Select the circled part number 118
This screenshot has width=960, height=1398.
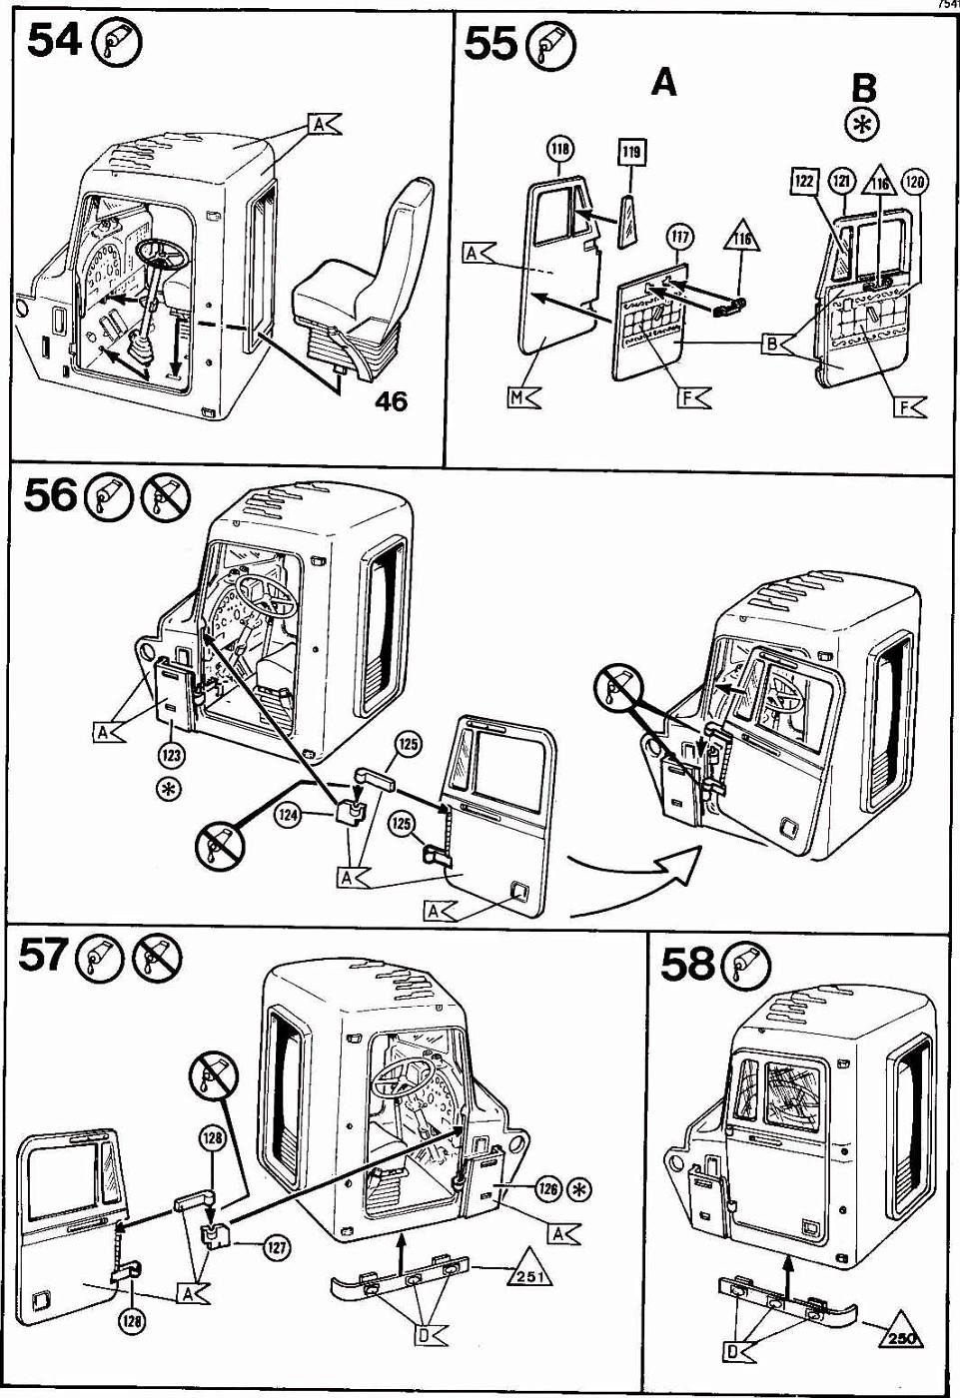tap(560, 150)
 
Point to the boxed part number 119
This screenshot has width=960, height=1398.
tap(631, 152)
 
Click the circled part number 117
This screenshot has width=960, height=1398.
tap(679, 238)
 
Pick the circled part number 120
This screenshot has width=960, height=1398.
tap(914, 182)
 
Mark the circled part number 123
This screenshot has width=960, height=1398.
tap(171, 756)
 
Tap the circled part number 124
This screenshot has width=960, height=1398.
tap(289, 816)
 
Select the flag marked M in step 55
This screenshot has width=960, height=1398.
tap(521, 397)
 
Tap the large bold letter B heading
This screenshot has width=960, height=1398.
tap(862, 88)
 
